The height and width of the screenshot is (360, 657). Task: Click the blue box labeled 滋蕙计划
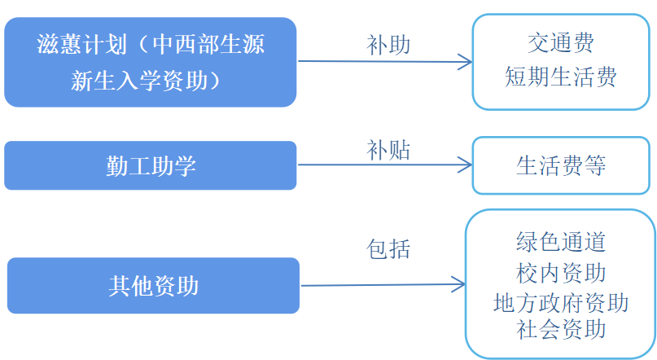tap(150, 62)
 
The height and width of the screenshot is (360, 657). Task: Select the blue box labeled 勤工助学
tap(150, 165)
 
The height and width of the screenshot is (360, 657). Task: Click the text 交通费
tap(561, 42)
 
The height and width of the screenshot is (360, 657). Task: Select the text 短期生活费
tap(561, 77)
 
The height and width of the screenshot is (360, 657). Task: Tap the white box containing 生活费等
tap(561, 165)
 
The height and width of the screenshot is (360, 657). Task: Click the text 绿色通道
tap(561, 241)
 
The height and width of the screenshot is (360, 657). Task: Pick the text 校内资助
tap(561, 271)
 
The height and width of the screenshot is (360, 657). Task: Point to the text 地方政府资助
tap(561, 302)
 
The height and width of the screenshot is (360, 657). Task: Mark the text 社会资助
tap(561, 329)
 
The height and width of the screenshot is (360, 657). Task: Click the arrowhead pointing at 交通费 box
tap(465, 62)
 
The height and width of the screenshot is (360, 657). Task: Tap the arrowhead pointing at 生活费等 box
tap(465, 165)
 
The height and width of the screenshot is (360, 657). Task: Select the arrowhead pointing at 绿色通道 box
tap(458, 285)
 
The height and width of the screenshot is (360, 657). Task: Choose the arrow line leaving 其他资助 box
tap(374, 285)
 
